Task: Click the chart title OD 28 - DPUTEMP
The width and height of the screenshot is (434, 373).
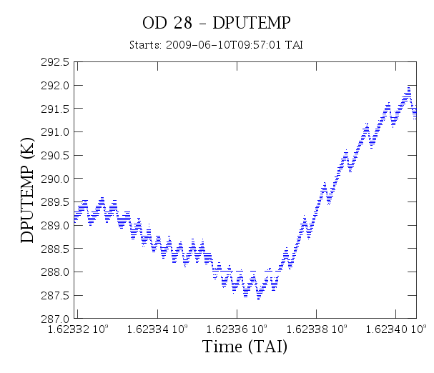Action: pos(217,23)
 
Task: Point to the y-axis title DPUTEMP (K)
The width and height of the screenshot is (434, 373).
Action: pos(27,190)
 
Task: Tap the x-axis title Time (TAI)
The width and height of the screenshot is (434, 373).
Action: pos(245,347)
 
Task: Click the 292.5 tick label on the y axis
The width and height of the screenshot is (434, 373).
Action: pos(55,62)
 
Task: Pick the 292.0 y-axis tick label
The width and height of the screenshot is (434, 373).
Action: pos(55,86)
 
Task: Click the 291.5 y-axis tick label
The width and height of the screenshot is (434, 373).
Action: pos(55,109)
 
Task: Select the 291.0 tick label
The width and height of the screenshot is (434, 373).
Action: pos(55,132)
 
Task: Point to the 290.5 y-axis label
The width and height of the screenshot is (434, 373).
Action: pos(55,156)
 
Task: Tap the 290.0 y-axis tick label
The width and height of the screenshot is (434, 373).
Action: pos(55,179)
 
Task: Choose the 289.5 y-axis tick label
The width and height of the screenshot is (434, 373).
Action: pos(55,202)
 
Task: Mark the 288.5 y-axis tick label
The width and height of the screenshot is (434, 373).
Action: pos(55,249)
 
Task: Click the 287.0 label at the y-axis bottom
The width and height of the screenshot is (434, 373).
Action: pos(55,319)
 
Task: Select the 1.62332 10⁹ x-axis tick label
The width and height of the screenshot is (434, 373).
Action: pos(78,329)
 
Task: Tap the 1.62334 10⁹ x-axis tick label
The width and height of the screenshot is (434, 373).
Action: pos(157,329)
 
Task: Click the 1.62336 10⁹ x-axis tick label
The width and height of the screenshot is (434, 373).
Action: pos(237,329)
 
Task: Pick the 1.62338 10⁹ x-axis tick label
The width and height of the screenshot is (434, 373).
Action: pos(316,329)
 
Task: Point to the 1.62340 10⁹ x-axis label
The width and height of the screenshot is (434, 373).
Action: pos(396,329)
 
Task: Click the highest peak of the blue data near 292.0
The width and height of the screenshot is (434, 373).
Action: pos(408,87)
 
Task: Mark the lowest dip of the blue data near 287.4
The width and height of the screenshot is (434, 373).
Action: pos(259,299)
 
